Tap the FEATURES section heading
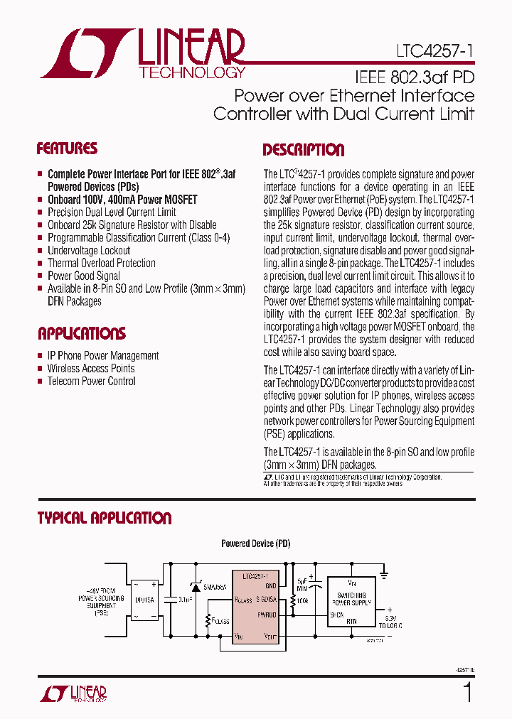point(67,148)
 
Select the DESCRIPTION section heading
point(304,150)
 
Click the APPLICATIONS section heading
point(81,333)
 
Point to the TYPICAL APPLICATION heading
point(104,518)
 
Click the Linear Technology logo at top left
point(142,53)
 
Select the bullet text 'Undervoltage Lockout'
point(89,250)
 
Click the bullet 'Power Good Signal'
point(84,276)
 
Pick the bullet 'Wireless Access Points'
point(91,368)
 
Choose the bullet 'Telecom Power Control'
point(91,381)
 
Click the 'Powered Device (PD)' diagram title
point(255,544)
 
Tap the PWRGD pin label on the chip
point(267,615)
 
